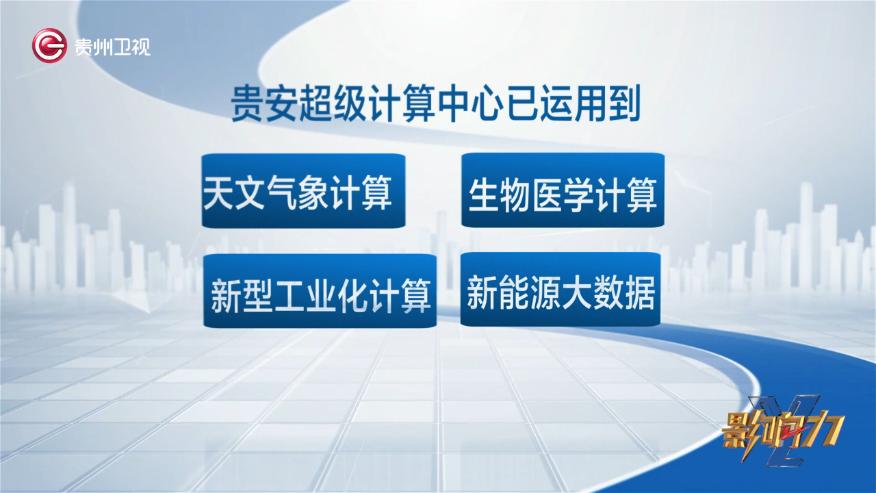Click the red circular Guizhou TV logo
49,45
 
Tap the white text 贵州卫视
113,47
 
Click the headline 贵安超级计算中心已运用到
436,104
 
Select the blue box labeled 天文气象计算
303,190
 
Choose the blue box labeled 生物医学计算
563,190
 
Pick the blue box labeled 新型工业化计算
320,291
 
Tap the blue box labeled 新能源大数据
561,289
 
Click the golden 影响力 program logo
782,431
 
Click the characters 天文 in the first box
234,193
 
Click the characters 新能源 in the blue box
514,292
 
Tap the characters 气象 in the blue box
297,193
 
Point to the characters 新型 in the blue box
242,296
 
